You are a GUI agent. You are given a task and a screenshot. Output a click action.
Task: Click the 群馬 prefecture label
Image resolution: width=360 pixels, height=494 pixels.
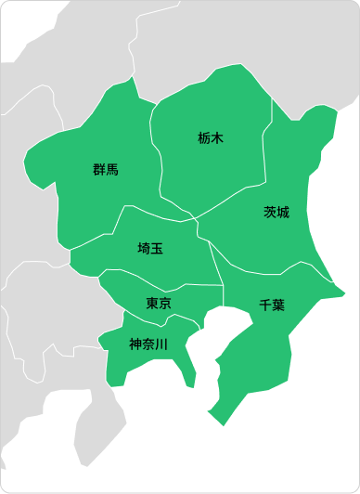(106, 169)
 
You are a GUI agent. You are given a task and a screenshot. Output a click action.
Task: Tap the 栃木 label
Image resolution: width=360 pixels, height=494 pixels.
(211, 138)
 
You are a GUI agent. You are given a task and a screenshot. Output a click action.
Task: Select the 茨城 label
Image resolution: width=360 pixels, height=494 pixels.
(276, 212)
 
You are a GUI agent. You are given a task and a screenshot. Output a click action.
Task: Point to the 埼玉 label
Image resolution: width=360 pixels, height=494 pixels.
(150, 248)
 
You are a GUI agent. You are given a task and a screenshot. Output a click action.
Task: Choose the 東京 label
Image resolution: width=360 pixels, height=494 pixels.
(159, 304)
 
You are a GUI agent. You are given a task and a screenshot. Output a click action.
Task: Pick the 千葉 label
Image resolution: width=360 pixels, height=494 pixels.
(272, 304)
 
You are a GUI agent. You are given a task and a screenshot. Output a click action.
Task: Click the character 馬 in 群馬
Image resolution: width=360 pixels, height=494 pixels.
(112, 169)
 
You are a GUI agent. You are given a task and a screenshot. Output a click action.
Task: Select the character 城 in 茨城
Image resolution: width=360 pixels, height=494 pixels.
(283, 212)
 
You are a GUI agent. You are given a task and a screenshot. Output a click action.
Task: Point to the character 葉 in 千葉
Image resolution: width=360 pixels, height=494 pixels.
(278, 304)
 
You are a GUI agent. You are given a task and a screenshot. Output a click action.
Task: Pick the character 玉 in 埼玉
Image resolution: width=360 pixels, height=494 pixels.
(157, 248)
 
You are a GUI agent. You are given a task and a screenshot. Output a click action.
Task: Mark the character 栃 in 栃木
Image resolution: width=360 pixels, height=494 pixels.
(204, 138)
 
